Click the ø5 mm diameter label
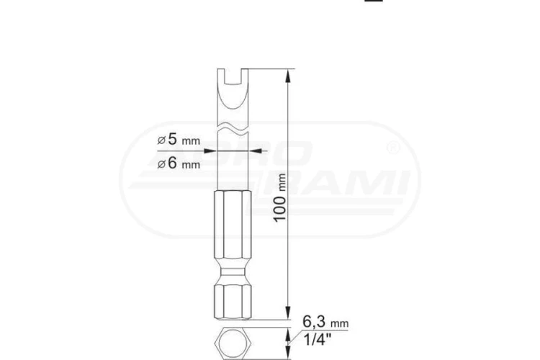179,140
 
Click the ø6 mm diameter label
179,163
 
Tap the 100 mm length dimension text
280,198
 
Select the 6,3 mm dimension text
325,322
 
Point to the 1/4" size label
318,340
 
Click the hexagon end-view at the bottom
233,343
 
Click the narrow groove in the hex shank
233,272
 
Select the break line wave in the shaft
233,128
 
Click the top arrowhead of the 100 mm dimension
289,76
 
